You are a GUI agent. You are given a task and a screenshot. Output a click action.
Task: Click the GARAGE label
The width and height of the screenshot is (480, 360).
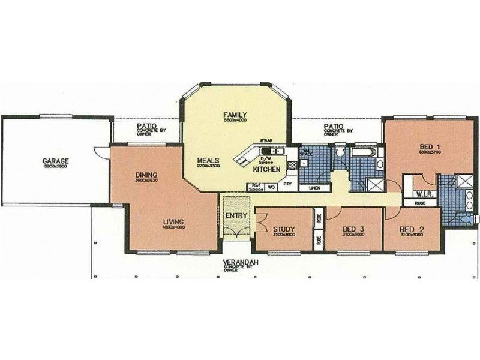coord(55,161)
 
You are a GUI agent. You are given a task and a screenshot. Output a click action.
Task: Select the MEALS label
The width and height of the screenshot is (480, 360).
coord(208,160)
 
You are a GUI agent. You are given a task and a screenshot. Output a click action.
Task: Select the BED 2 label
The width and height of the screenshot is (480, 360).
coord(411,230)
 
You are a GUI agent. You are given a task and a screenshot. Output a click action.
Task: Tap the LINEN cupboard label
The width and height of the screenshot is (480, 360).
coord(314,188)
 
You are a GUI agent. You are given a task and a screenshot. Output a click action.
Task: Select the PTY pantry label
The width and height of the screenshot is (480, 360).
coord(287,185)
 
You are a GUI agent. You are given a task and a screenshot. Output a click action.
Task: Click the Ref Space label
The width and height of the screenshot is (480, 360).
coord(256,187)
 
